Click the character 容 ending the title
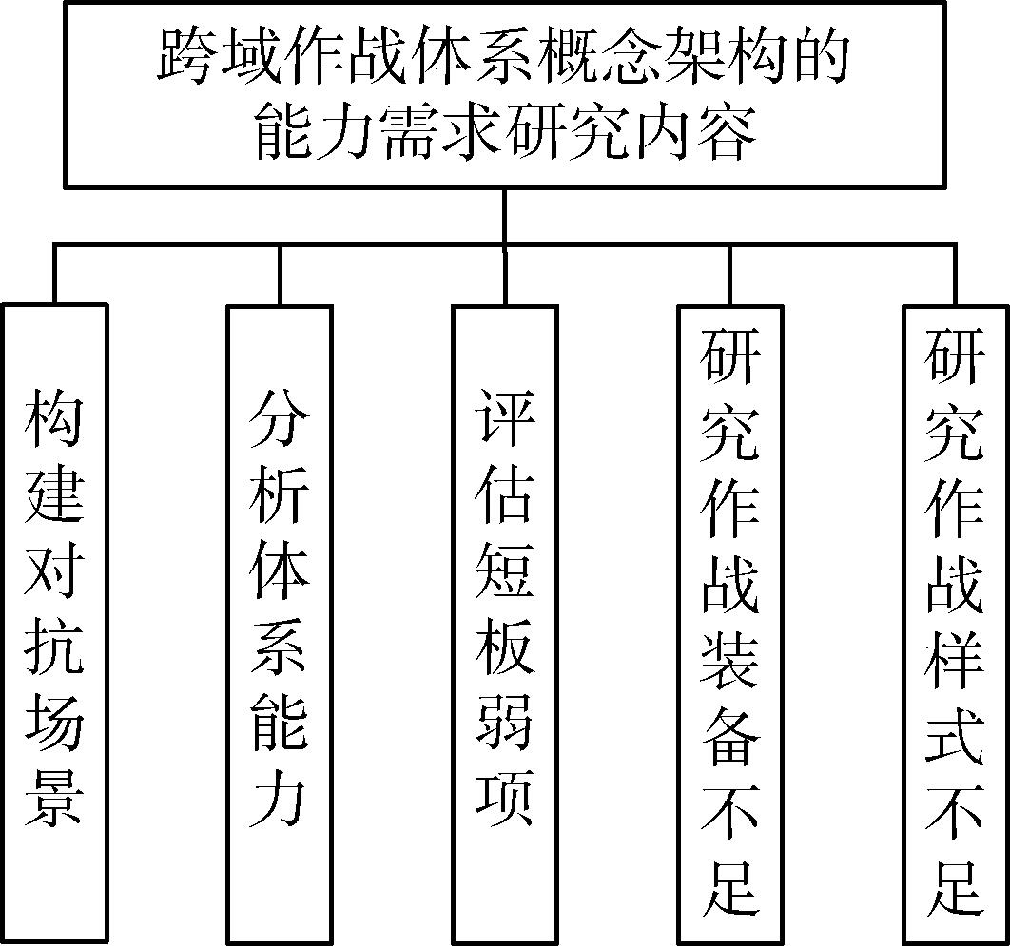tap(728, 134)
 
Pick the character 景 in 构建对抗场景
tap(54, 798)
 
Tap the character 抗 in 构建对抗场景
tap(54, 646)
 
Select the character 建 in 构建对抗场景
tap(54, 495)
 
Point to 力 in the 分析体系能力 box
tap(279, 798)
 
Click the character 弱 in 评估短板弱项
tap(505, 722)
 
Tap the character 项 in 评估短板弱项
tap(505, 798)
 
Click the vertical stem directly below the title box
tap(504, 217)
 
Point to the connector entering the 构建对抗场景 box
tap(55, 275)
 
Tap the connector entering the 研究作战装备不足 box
tap(729, 275)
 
